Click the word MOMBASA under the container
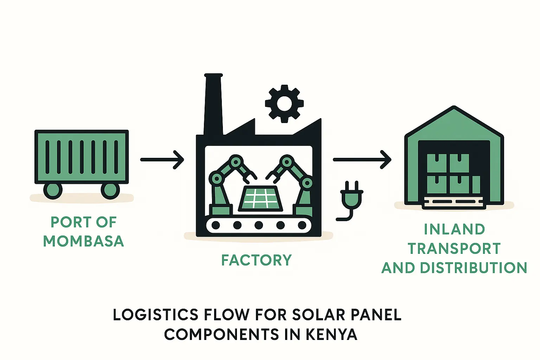click(83, 241)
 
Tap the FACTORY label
click(256, 260)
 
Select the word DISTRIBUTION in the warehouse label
click(474, 268)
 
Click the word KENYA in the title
click(332, 334)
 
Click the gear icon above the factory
click(284, 103)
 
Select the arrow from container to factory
click(162, 160)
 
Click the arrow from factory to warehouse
click(362, 160)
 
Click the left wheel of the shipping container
click(53, 190)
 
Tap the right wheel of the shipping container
click(110, 190)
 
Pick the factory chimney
click(213, 104)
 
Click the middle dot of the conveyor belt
click(259, 225)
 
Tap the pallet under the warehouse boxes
click(454, 202)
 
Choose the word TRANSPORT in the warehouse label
click(454, 249)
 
